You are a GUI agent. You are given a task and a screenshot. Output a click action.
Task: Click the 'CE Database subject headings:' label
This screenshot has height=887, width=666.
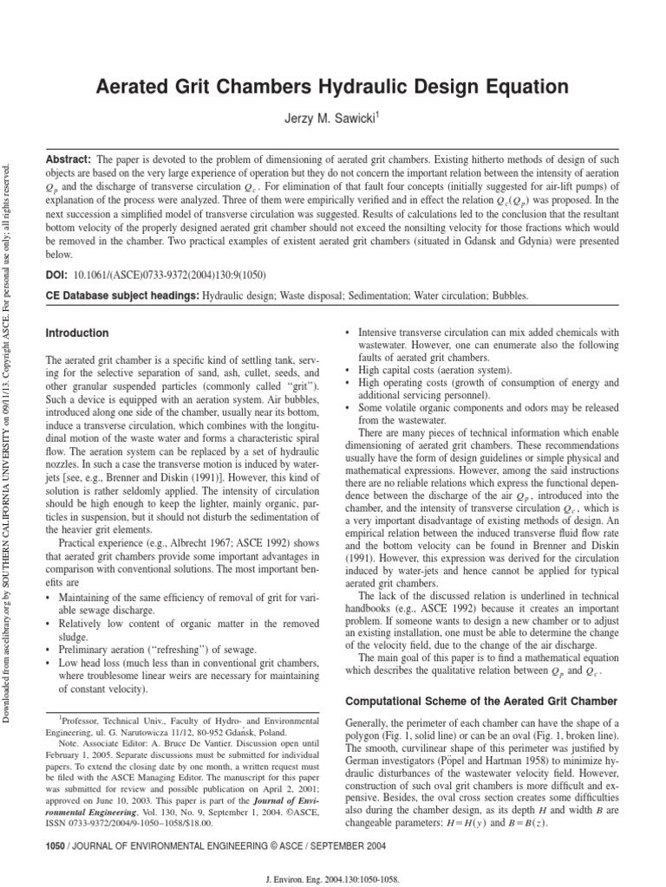tap(120, 295)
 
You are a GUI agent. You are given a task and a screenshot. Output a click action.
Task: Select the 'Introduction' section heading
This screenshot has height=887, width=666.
tap(77, 333)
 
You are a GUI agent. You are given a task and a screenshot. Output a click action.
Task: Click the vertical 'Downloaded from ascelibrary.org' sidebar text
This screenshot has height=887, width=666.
tap(9, 433)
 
